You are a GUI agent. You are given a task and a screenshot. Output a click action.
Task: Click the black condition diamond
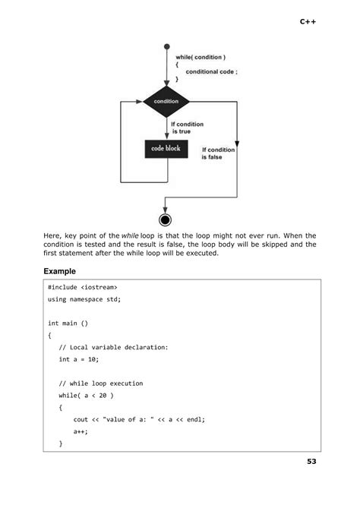coord(166,101)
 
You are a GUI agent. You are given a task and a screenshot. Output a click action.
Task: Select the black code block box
coord(166,148)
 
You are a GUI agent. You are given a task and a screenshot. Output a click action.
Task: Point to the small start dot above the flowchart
coord(166,46)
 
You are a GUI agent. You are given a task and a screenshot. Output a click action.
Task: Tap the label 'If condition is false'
coord(218,153)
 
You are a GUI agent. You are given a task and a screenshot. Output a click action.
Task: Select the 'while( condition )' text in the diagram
coord(201,58)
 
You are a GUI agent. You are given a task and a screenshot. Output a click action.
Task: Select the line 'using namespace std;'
coord(84,299)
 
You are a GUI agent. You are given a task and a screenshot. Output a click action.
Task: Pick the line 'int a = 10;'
coord(79,358)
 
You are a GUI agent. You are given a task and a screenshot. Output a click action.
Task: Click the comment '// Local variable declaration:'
coord(113,347)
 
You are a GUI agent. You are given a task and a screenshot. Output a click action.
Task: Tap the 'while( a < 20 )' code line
coord(86,395)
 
